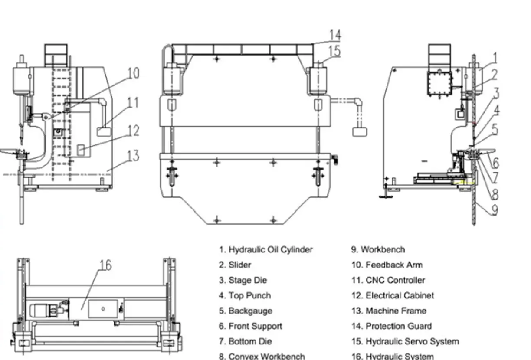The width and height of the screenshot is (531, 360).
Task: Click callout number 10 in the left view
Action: [134, 72]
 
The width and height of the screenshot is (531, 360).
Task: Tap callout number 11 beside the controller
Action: [133, 103]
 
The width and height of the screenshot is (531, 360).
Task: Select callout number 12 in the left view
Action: [133, 130]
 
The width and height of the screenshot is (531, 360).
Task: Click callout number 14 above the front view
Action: [335, 35]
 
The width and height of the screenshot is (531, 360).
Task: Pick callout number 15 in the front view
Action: [334, 51]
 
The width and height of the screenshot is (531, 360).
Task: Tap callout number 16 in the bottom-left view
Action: [105, 265]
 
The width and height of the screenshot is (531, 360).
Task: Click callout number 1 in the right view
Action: [495, 58]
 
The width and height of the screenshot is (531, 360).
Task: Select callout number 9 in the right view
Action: [495, 210]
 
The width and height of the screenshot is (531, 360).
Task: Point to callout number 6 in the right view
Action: [495, 163]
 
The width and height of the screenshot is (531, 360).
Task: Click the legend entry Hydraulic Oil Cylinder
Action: [265, 250]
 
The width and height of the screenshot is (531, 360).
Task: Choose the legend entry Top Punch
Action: [245, 296]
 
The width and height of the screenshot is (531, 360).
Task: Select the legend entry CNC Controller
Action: [388, 280]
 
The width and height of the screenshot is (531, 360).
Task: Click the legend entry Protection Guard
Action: [392, 326]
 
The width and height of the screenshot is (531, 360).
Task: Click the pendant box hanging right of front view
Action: [360, 131]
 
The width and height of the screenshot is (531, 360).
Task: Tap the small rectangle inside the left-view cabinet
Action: [81, 150]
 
